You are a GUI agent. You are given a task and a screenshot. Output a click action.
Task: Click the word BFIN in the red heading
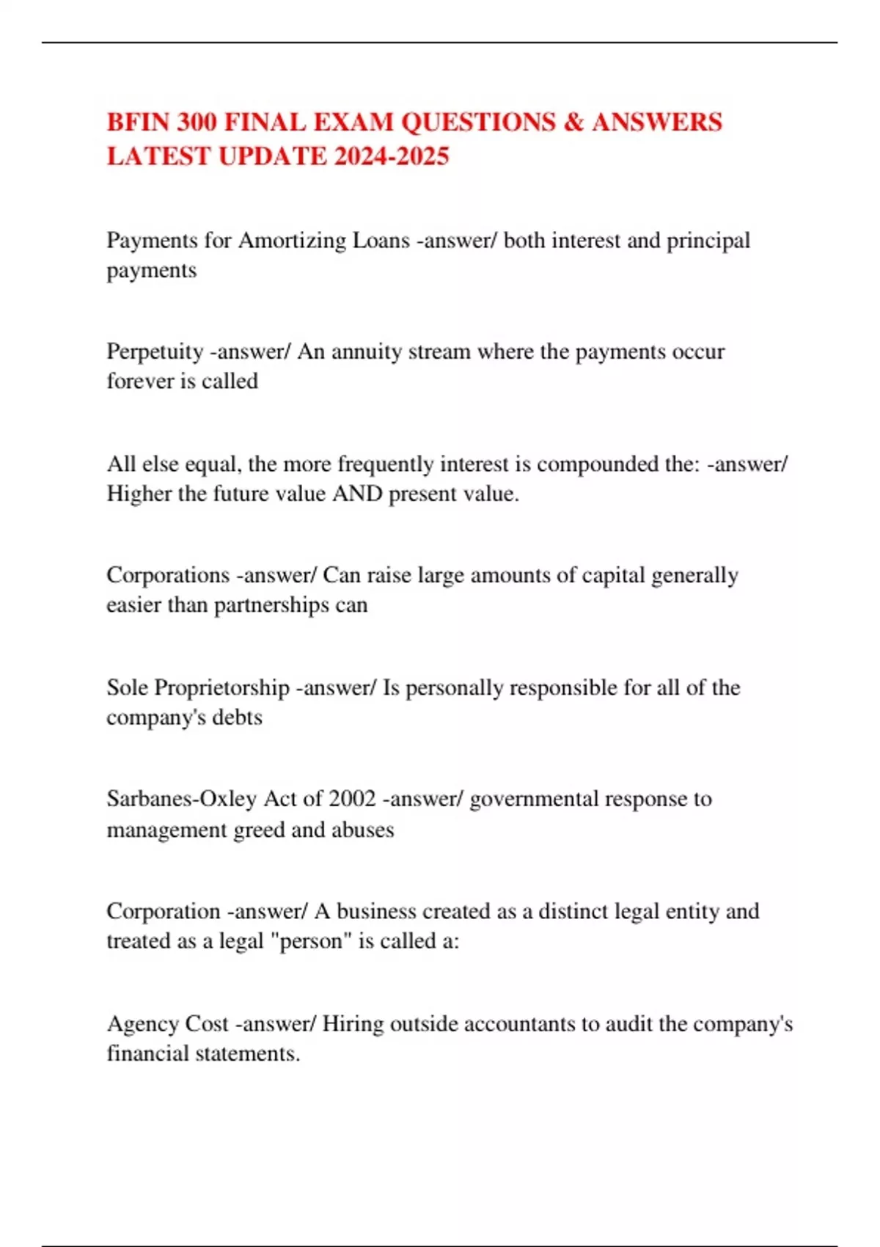click(138, 122)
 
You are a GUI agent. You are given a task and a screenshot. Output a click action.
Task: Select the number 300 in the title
click(196, 122)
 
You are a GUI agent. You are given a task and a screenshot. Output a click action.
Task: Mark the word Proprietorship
click(222, 688)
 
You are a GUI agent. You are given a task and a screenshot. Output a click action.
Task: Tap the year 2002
click(352, 799)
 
